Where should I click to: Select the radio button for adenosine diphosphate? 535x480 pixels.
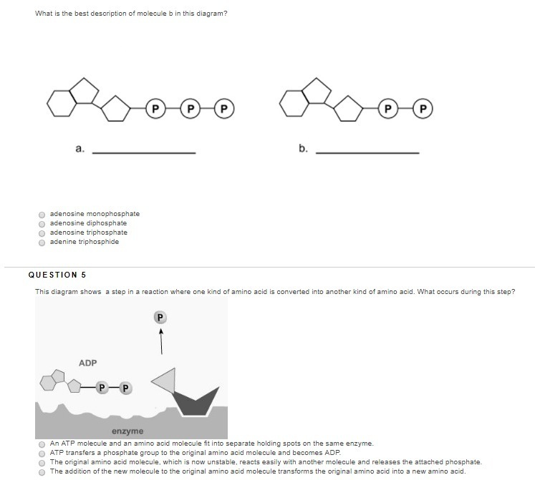42,224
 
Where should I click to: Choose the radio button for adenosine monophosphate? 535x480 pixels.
42,215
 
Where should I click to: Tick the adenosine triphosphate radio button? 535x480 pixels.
42,233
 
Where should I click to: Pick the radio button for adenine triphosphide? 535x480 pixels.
42,243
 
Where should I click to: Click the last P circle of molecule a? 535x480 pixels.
224,109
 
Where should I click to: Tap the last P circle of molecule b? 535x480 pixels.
423,109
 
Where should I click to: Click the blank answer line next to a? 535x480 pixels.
144,153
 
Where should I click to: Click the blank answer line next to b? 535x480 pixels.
367,153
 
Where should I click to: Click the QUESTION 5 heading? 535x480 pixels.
57,275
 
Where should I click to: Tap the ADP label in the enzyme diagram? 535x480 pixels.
87,363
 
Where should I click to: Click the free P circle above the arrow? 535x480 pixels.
160,318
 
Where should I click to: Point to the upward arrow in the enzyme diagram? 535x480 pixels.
161,342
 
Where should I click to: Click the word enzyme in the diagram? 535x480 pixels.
127,431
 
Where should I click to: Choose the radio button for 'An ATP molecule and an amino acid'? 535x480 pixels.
42,444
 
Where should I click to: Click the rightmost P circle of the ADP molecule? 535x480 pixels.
125,388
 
